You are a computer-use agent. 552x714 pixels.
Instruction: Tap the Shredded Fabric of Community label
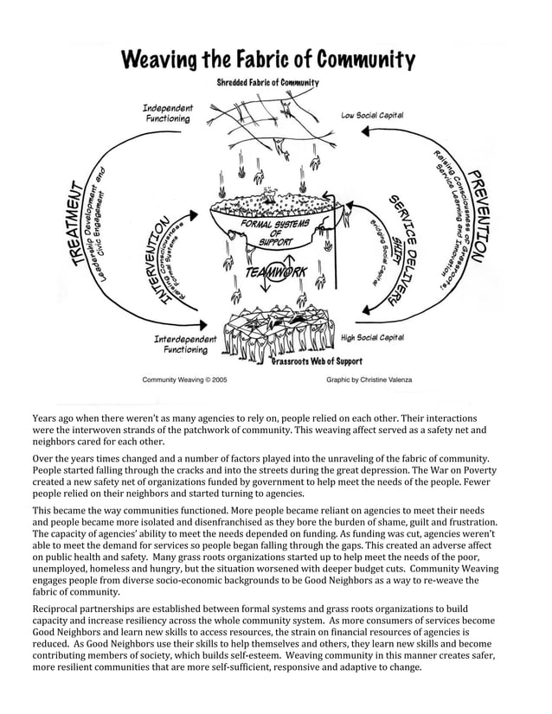(267, 82)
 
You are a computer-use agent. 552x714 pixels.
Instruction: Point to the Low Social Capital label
(372, 115)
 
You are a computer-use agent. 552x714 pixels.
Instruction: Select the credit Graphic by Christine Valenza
(369, 379)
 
